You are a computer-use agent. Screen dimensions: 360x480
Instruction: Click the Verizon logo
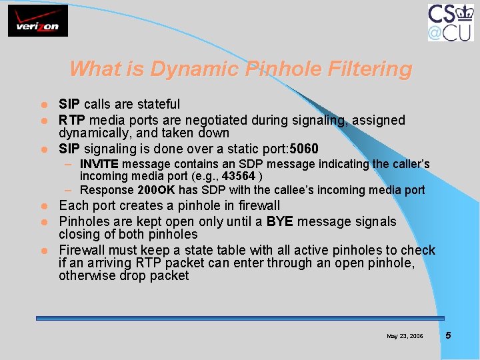(x=38, y=21)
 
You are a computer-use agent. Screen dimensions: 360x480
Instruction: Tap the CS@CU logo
(x=451, y=22)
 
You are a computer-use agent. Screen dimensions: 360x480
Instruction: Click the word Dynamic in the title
(x=195, y=69)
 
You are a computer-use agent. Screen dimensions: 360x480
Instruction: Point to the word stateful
(x=157, y=104)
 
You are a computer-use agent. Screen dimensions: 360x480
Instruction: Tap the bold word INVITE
(x=99, y=164)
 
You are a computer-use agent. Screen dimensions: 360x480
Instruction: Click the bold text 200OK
(x=156, y=190)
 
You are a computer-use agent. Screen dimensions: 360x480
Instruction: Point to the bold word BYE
(x=279, y=221)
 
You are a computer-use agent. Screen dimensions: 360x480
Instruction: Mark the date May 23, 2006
(x=405, y=336)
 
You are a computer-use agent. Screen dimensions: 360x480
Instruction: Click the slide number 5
(x=448, y=335)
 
